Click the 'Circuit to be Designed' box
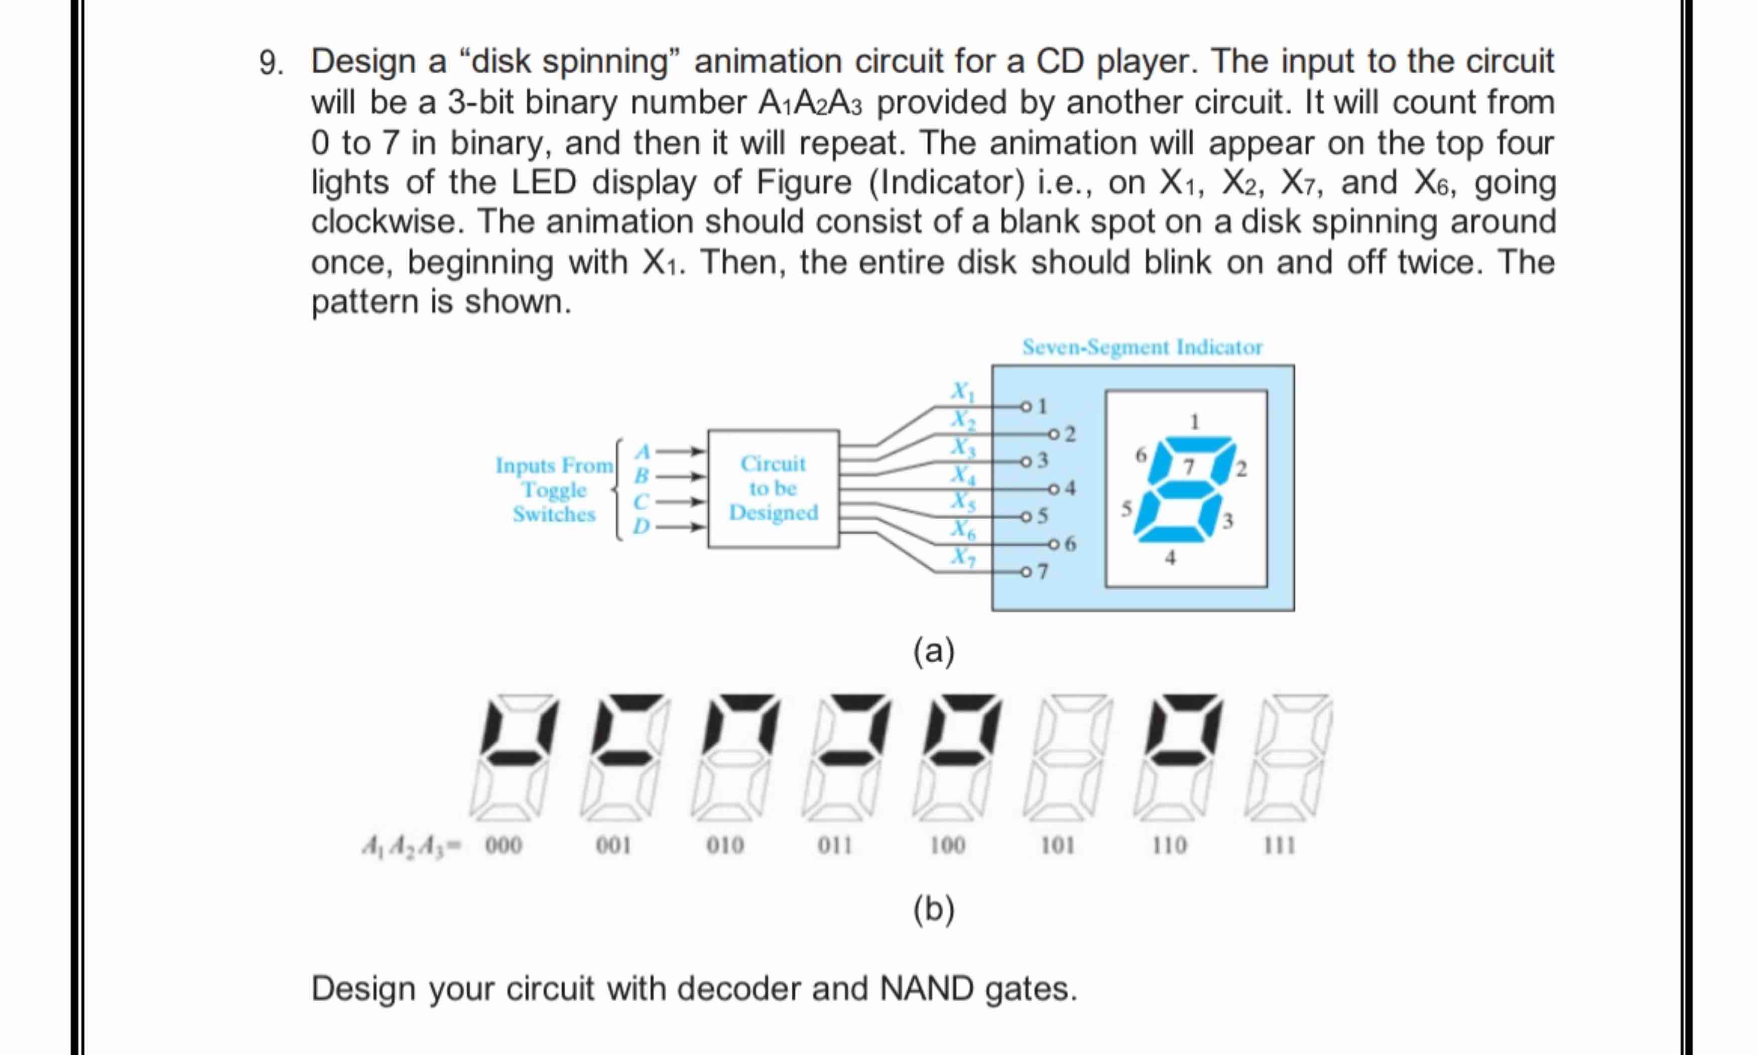click(773, 489)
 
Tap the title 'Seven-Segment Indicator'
click(1142, 347)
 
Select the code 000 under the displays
click(503, 845)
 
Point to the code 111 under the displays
click(1280, 845)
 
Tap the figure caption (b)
click(934, 909)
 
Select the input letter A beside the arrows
click(643, 451)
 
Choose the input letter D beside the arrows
click(642, 527)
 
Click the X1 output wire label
click(963, 391)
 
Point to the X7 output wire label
click(963, 556)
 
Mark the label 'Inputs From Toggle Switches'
click(554, 490)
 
